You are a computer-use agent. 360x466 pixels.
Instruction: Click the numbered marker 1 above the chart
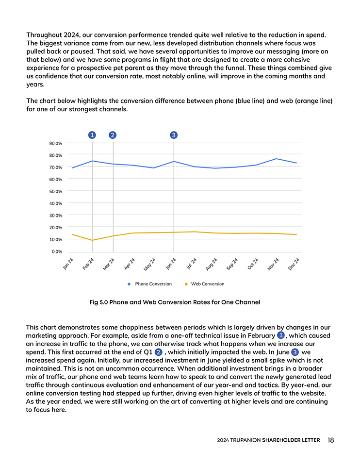pos(92,135)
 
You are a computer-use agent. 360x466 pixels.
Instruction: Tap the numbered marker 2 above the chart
pos(113,135)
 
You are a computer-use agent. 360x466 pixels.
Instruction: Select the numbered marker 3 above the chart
pos(174,135)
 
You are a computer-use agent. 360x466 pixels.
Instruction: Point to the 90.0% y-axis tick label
pos(56,144)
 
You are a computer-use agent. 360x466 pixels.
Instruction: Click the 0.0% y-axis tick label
pos(57,251)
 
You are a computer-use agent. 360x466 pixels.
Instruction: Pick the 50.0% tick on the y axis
pos(56,191)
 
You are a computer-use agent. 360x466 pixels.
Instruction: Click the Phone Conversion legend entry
pos(153,284)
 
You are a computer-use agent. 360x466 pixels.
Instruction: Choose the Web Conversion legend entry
pos(207,284)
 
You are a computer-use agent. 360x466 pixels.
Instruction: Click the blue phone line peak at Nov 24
pos(276,159)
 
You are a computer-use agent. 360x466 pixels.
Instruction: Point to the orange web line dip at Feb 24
pos(93,240)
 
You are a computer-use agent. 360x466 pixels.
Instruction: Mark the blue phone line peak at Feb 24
pos(93,161)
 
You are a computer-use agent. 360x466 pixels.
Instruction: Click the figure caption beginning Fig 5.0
pos(175,302)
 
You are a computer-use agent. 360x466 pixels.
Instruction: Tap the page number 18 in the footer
pos(330,440)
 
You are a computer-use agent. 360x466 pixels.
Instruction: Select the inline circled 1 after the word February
pos(280,335)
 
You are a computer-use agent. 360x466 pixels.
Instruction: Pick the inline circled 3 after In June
pos(295,351)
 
